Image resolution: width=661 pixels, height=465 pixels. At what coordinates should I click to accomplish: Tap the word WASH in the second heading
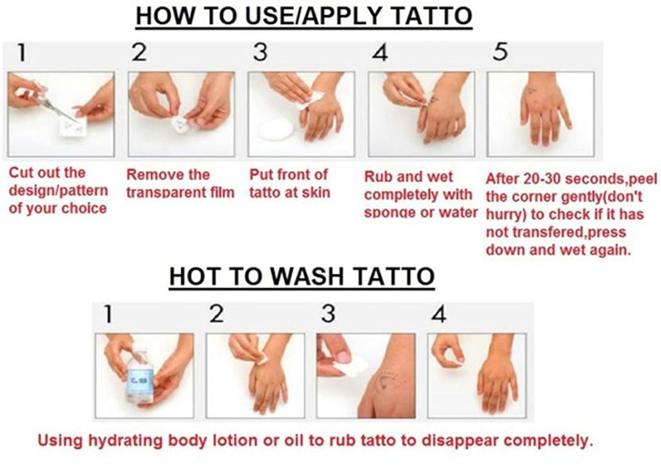tap(307, 276)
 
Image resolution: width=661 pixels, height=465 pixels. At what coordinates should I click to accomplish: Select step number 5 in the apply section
tap(501, 52)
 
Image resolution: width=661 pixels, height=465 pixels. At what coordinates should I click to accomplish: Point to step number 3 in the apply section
tap(260, 52)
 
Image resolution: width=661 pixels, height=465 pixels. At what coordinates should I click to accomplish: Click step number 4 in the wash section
tap(439, 314)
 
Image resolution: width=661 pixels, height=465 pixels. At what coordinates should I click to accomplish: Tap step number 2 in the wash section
tap(217, 314)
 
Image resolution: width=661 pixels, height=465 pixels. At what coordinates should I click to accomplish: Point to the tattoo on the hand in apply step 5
tap(532, 91)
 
